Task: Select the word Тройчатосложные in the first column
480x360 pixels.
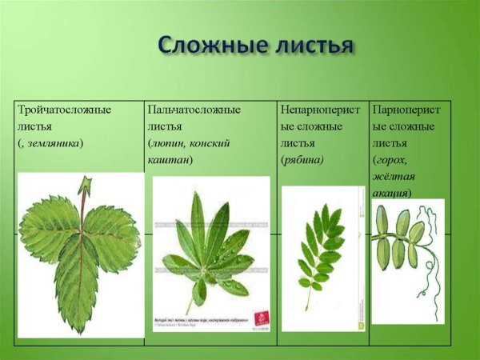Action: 64,109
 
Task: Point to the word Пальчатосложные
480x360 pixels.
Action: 194,109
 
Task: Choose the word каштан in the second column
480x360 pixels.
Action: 168,159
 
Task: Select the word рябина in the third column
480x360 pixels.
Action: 302,159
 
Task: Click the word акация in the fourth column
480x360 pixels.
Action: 391,193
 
